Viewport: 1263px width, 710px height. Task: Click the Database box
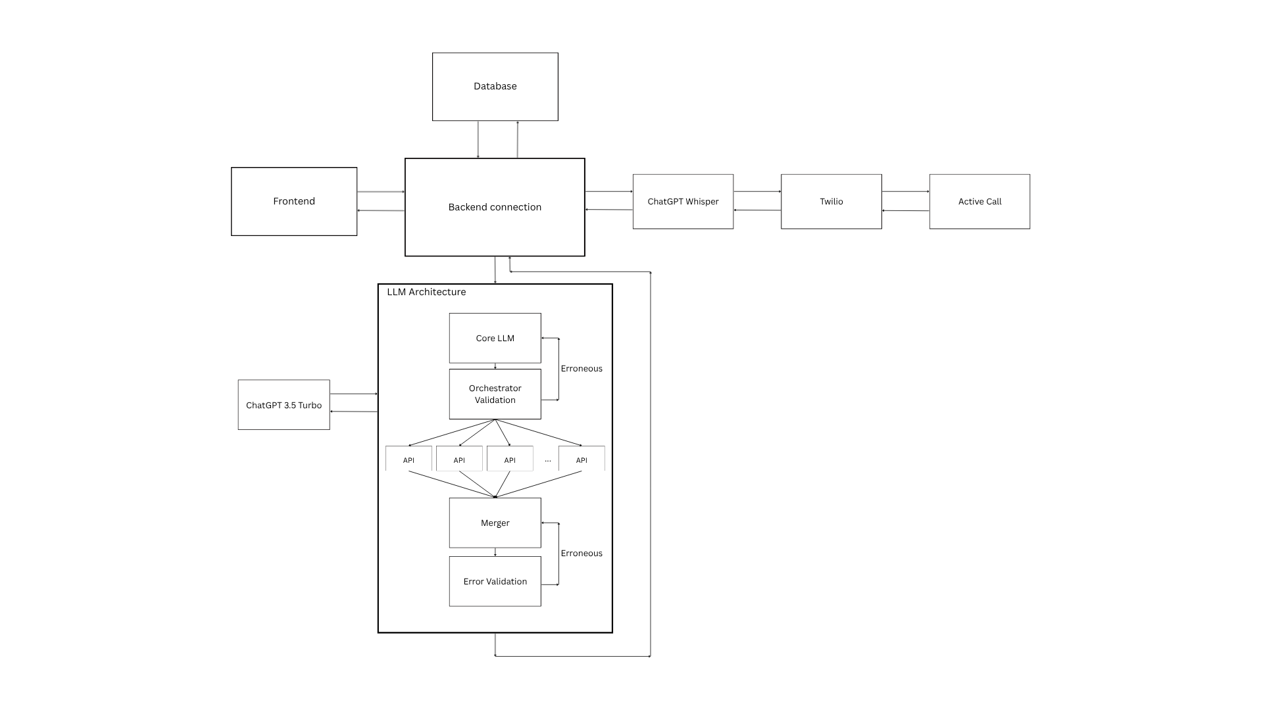click(495, 87)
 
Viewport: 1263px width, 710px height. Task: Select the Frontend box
click(294, 201)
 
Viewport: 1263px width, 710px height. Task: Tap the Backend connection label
click(495, 207)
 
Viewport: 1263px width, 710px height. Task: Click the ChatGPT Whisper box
click(683, 202)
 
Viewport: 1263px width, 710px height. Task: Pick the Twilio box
click(831, 202)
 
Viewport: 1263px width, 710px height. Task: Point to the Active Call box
click(979, 202)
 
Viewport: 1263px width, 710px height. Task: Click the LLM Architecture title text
click(426, 292)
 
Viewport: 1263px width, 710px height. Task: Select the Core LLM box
click(495, 338)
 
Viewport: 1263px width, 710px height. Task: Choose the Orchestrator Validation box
click(495, 394)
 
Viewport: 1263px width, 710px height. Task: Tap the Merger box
click(495, 523)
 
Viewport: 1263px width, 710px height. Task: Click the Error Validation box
click(495, 581)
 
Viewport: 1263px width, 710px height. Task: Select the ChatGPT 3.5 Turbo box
click(284, 405)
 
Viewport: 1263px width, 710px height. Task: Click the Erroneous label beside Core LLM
click(582, 369)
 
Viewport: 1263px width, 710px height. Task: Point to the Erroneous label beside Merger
click(582, 554)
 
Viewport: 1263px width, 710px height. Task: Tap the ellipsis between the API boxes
click(548, 460)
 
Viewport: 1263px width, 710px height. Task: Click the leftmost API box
click(409, 460)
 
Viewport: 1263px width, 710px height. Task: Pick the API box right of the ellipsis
click(582, 460)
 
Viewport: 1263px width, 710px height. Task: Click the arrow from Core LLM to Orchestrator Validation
click(495, 366)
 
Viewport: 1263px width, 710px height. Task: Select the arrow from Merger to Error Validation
click(495, 552)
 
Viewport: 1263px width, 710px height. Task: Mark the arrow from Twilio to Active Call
click(905, 192)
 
